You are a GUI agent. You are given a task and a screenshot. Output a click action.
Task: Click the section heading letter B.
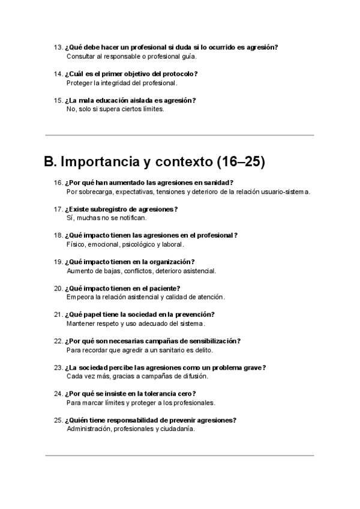point(50,161)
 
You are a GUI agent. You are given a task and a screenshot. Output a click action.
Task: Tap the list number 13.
point(58,47)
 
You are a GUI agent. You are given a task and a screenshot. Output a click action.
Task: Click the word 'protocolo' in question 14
point(179,74)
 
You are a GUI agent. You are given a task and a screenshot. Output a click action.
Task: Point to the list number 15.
point(58,100)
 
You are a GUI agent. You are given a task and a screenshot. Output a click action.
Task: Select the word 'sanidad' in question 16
point(218,182)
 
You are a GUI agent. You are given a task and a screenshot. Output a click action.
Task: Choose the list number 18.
point(58,235)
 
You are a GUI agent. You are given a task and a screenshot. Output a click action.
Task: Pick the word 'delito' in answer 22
point(203,350)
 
